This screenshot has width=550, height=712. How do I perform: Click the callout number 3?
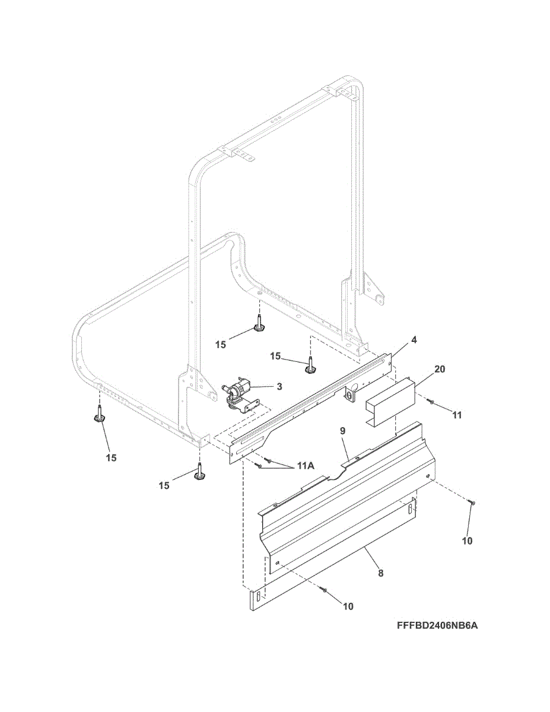pyautogui.click(x=278, y=386)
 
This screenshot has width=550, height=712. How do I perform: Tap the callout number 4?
pyautogui.click(x=414, y=340)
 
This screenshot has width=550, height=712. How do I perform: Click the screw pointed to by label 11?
pyautogui.click(x=431, y=403)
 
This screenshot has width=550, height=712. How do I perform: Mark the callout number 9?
pyautogui.click(x=342, y=431)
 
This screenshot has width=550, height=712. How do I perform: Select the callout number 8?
pyautogui.click(x=380, y=573)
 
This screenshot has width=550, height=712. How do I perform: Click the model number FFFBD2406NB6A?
pyautogui.click(x=434, y=626)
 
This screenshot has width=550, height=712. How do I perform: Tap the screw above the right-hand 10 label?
pyautogui.click(x=473, y=503)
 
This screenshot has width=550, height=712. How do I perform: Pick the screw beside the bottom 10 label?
pyautogui.click(x=324, y=589)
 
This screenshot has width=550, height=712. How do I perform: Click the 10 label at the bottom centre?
pyautogui.click(x=348, y=606)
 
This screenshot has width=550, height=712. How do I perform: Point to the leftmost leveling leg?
pyautogui.click(x=98, y=415)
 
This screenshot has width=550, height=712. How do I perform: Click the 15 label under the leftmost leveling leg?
pyautogui.click(x=111, y=457)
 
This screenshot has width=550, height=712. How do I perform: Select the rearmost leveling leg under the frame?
pyautogui.click(x=259, y=323)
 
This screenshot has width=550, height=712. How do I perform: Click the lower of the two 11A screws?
pyautogui.click(x=259, y=466)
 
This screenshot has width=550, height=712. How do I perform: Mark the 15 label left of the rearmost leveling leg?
pyautogui.click(x=221, y=345)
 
